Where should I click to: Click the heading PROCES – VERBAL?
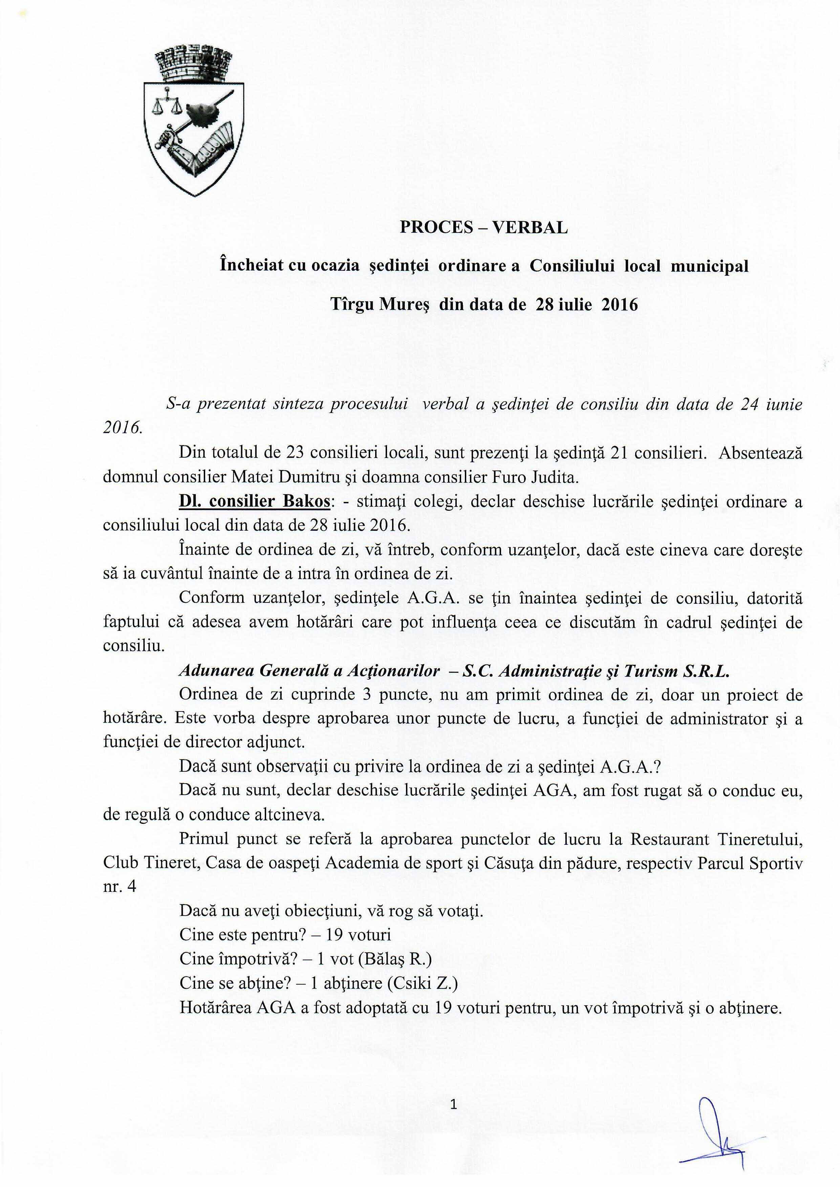(483, 228)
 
